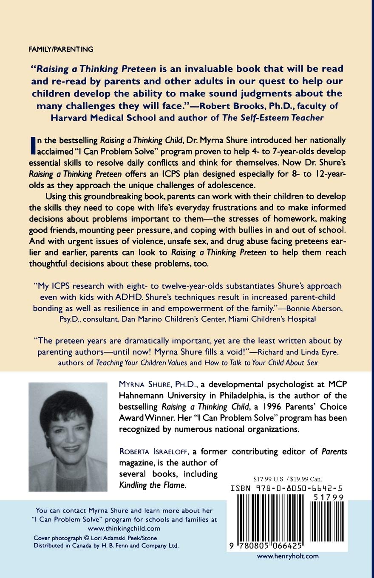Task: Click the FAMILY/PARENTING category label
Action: coord(61,49)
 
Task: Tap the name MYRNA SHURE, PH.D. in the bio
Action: coord(154,385)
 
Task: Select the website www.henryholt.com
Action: coord(288,556)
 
